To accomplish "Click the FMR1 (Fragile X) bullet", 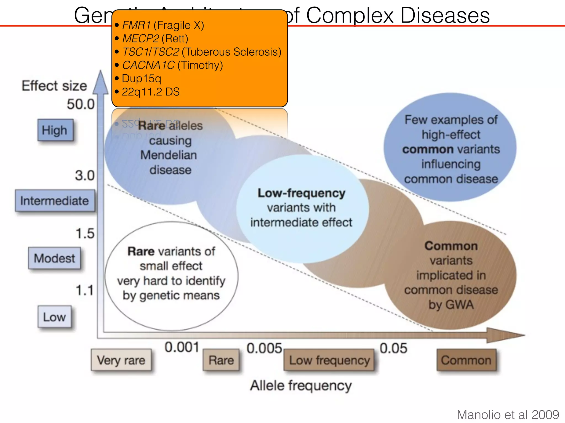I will [163, 25].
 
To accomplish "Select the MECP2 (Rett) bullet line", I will [155, 39].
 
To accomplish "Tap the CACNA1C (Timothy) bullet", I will [172, 65].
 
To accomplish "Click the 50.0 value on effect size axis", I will [81, 104].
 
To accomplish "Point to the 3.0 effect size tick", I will [85, 176].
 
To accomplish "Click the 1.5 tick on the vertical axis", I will [85, 234].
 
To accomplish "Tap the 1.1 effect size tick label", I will [85, 291].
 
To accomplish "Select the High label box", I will [55, 130].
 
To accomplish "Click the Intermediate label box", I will [55, 200].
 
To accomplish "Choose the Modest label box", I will [54, 258].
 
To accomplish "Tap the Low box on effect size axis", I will [54, 317].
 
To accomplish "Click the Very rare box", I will [121, 360].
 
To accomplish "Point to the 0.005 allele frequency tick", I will [264, 348].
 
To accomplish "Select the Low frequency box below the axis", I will [329, 360].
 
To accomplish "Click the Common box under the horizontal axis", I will [466, 360].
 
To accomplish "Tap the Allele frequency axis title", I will [301, 386].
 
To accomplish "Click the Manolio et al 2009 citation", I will [508, 414].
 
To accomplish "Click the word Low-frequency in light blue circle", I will [301, 193].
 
